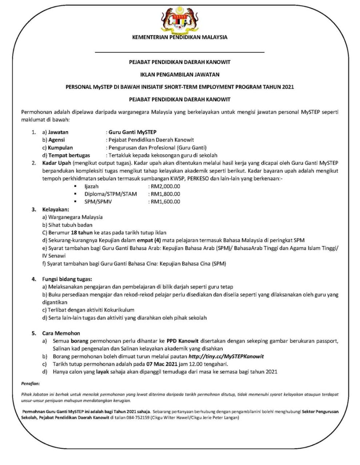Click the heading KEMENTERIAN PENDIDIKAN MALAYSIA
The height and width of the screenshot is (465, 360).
pos(180,37)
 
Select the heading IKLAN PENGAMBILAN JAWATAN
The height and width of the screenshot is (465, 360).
pos(180,74)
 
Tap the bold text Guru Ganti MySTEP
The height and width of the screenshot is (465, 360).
pos(132,132)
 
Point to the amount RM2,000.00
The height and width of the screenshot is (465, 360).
pos(165,186)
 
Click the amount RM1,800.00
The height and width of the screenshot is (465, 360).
pos(165,194)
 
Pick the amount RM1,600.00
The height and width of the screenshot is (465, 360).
pos(165,202)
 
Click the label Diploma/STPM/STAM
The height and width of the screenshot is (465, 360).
pos(111,194)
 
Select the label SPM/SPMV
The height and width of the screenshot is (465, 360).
pos(98,202)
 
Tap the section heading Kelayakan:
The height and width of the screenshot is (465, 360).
pos(55,210)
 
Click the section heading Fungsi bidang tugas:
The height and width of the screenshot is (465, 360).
pos(67,279)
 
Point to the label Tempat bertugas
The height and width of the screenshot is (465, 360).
pos(69,155)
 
